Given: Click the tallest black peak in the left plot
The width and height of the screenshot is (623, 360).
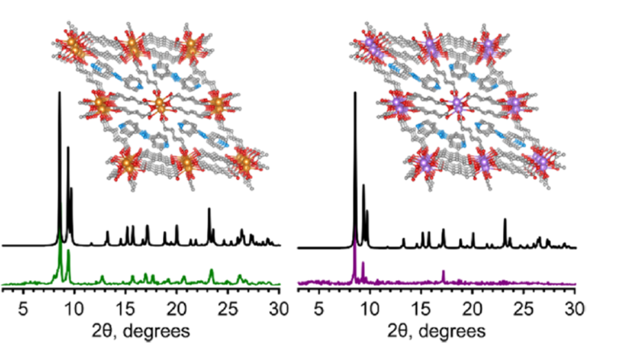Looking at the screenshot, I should (60, 94).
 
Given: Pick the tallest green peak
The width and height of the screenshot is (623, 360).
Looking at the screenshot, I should (60, 231).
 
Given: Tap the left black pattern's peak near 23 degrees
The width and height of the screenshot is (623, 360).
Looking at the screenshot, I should (209, 209).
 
